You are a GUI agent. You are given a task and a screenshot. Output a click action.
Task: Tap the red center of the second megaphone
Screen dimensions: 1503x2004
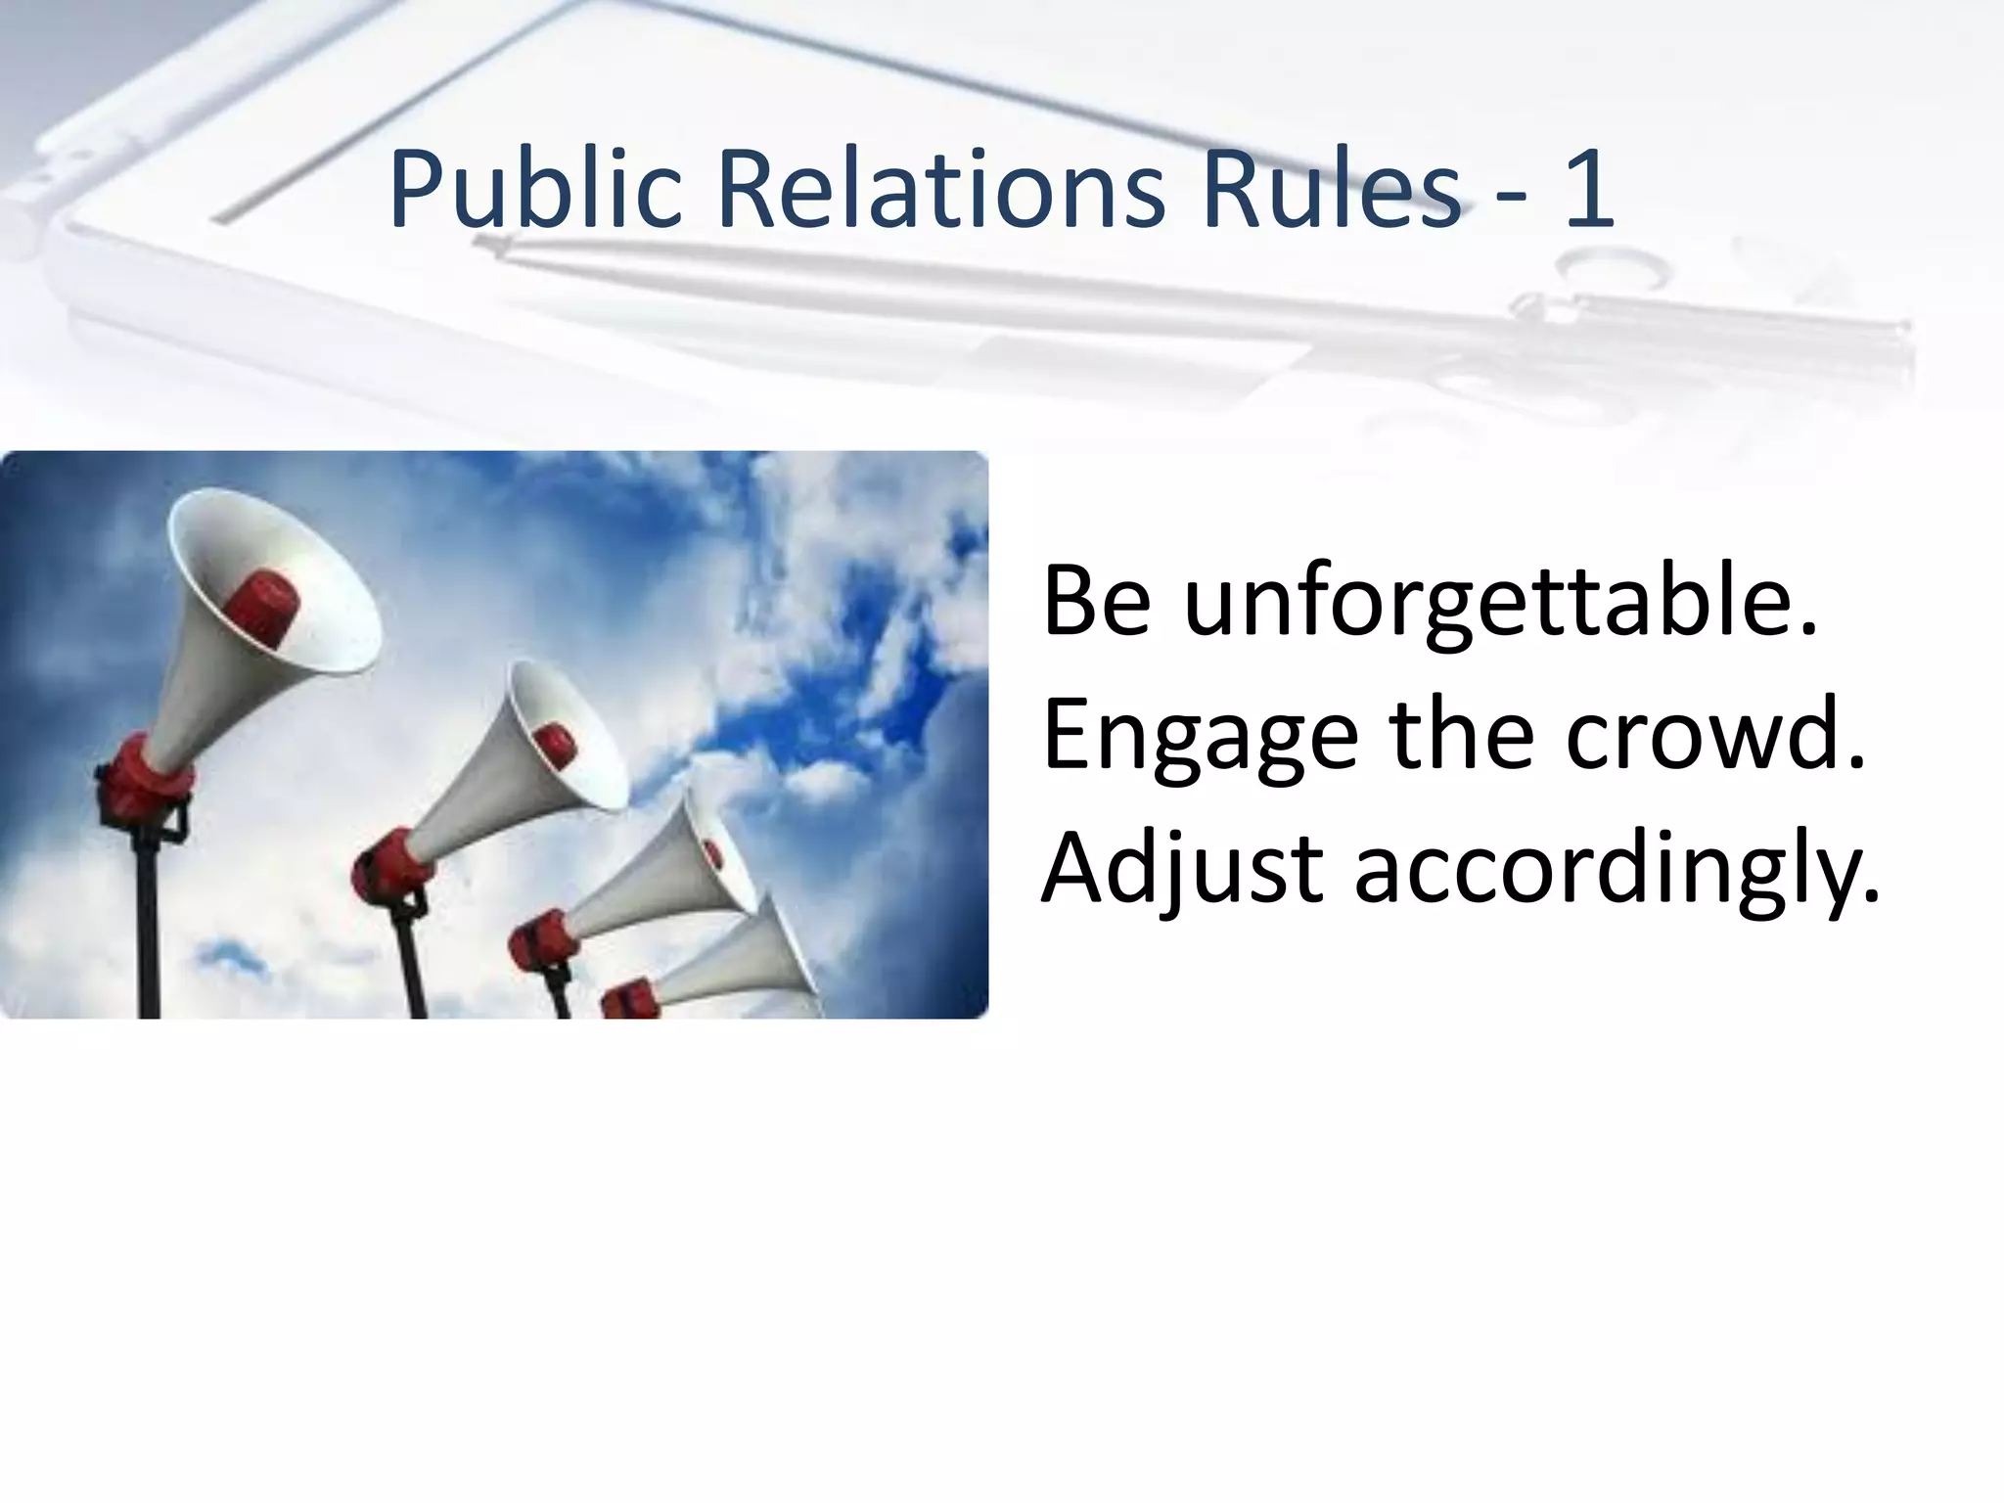[x=555, y=745]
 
